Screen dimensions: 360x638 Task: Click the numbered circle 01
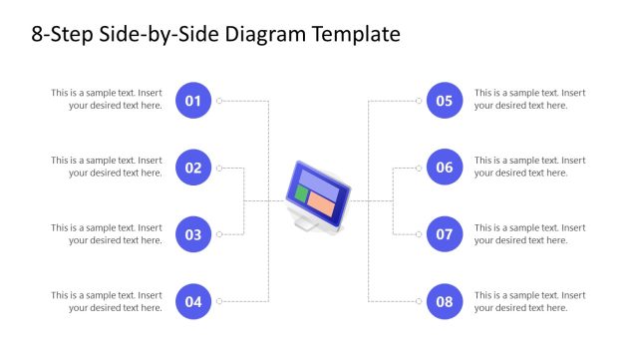click(193, 100)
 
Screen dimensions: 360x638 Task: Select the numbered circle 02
click(193, 168)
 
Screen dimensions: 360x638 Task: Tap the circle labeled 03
click(193, 234)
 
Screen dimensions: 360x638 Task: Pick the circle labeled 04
click(193, 301)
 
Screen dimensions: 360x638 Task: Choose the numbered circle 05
click(445, 100)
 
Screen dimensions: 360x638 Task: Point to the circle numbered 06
click(445, 168)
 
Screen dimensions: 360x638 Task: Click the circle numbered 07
click(445, 234)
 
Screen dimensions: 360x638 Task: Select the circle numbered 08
click(445, 301)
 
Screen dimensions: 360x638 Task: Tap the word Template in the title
click(357, 35)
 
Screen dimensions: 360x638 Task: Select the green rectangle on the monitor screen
click(301, 193)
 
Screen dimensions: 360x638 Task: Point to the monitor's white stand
click(306, 223)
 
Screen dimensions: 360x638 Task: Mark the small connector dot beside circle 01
click(219, 101)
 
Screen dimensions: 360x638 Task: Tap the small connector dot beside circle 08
click(419, 301)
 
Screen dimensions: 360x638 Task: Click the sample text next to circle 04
click(108, 301)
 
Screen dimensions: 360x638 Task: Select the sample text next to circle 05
click(529, 100)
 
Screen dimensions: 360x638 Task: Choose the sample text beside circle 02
click(108, 167)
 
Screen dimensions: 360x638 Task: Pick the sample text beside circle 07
click(529, 234)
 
